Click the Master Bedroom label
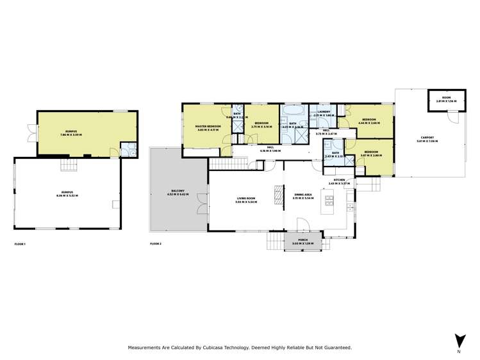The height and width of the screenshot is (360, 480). [208, 126]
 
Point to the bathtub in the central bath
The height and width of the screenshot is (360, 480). [292, 111]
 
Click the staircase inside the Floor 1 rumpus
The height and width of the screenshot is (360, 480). [67, 165]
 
